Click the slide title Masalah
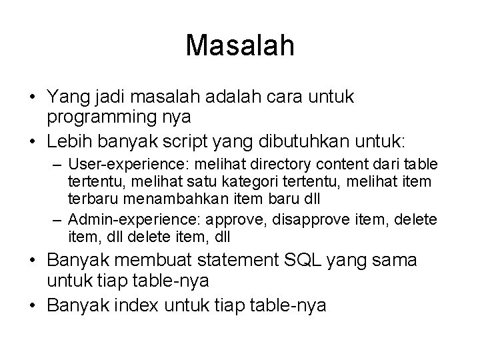240,45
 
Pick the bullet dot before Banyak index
32,306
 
